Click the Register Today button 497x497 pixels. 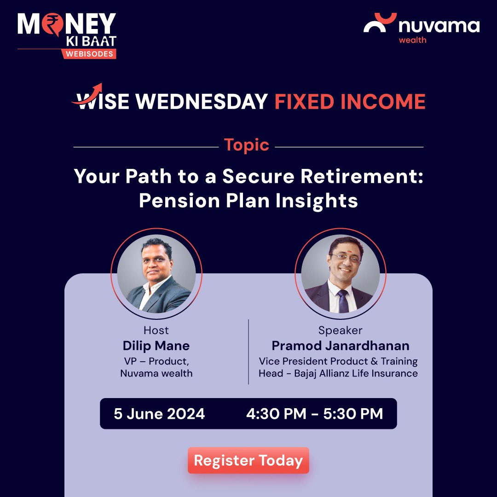pos(248,460)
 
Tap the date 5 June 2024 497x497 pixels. pos(159,413)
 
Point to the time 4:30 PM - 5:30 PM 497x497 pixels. pos(314,413)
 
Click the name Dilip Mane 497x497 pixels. pos(156,346)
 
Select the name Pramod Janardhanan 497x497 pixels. pos(340,346)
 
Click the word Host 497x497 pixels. pos(156,330)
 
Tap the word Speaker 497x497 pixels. pos(340,330)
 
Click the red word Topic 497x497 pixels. pos(247,145)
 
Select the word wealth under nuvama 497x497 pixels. pos(412,40)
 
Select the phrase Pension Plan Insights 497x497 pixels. pos(248,201)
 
